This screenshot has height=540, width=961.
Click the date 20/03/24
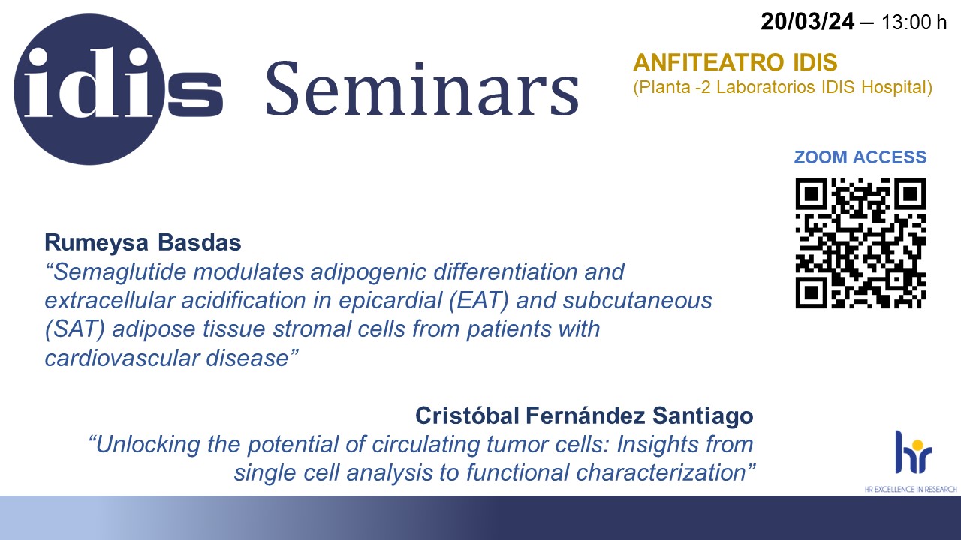pyautogui.click(x=807, y=22)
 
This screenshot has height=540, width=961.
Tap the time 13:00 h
pyautogui.click(x=914, y=22)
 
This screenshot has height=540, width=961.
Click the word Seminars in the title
pyautogui.click(x=423, y=89)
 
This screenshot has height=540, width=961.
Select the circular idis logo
pyautogui.click(x=89, y=89)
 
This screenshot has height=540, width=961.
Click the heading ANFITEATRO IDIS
pyautogui.click(x=735, y=62)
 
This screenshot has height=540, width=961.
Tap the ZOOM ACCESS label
pyautogui.click(x=860, y=157)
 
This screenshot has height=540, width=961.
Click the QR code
pyautogui.click(x=860, y=243)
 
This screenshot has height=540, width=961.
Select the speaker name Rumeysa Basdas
pyautogui.click(x=143, y=242)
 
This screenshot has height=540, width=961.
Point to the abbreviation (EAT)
pyautogui.click(x=479, y=300)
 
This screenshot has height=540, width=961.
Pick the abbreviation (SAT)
pyautogui.click(x=75, y=329)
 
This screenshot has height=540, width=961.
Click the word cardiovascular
pyautogui.click(x=122, y=358)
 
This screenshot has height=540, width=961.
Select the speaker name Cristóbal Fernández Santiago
pyautogui.click(x=584, y=415)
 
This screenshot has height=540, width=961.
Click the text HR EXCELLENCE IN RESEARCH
pyautogui.click(x=911, y=490)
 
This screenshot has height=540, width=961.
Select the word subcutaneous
pyautogui.click(x=637, y=300)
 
